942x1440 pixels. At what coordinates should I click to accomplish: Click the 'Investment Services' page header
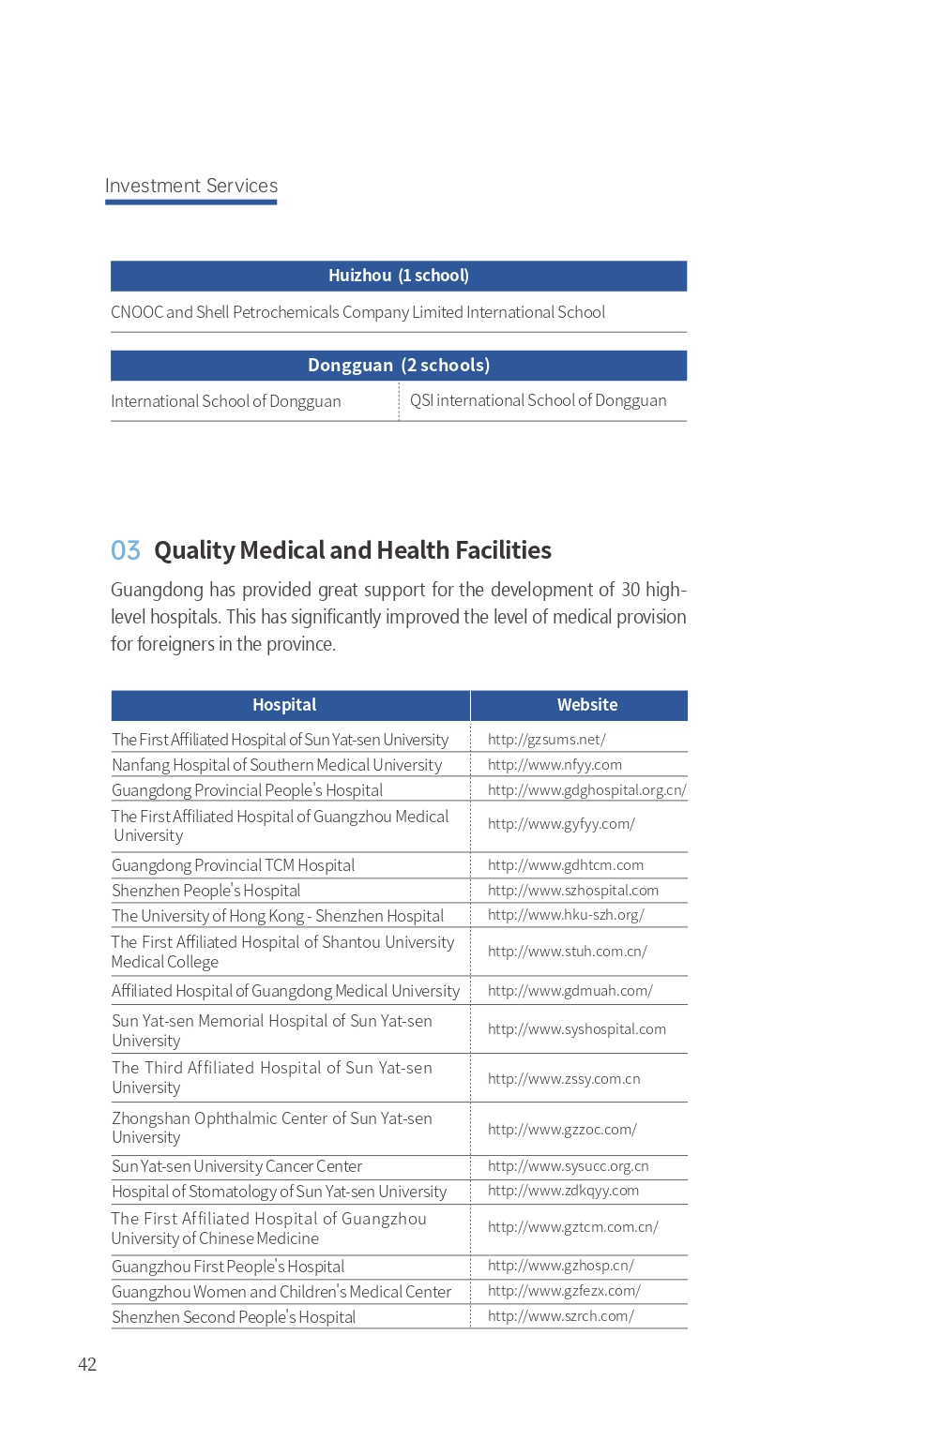click(191, 186)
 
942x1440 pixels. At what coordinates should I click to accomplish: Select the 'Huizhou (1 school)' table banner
click(399, 276)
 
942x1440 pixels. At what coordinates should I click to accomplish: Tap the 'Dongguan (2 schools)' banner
click(399, 366)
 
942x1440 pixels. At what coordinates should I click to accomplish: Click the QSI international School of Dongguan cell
click(538, 400)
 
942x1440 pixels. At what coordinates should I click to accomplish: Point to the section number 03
click(126, 550)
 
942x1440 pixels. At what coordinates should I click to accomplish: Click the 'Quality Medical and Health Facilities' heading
click(353, 550)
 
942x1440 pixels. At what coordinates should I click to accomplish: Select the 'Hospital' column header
click(284, 705)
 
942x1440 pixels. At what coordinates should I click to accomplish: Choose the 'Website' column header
click(587, 705)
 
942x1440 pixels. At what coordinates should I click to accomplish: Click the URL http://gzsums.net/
click(547, 740)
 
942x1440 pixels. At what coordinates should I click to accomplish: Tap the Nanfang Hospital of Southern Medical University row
click(277, 765)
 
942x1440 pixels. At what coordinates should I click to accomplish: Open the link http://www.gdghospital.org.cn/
click(587, 790)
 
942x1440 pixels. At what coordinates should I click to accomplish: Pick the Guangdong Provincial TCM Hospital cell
click(234, 865)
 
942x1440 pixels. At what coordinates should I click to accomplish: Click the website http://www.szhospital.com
click(573, 891)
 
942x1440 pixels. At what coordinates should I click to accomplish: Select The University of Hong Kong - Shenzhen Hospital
click(278, 916)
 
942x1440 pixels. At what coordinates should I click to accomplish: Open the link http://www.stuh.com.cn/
click(568, 952)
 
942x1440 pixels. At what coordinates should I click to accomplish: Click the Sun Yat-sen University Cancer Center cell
click(237, 1166)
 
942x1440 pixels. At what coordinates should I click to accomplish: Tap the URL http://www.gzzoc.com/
click(562, 1130)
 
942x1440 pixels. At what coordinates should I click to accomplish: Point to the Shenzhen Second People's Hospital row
click(234, 1317)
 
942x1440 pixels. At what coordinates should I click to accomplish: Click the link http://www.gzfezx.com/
click(564, 1291)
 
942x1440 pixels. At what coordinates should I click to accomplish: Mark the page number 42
click(87, 1364)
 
